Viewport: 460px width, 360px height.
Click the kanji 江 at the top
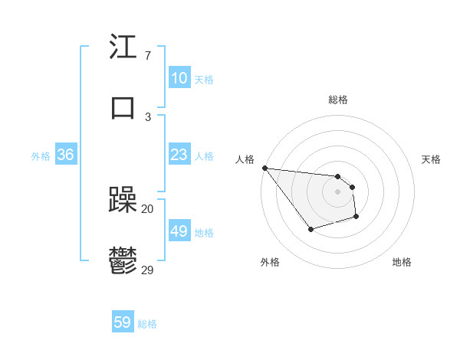(x=123, y=47)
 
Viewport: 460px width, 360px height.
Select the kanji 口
(x=123, y=106)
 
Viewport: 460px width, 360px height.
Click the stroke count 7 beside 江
(x=147, y=57)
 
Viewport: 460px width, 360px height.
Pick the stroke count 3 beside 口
(x=147, y=116)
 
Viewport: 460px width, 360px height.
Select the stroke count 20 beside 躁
(x=147, y=208)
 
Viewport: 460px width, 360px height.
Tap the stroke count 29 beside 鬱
(x=147, y=269)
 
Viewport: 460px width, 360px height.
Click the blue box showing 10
(x=179, y=78)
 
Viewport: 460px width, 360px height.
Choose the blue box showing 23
(x=179, y=155)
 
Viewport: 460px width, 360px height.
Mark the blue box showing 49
(x=179, y=231)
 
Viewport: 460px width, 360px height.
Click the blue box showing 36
(x=65, y=155)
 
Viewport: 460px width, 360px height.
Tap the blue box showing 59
(x=123, y=322)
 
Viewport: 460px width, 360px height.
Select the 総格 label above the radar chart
(x=337, y=100)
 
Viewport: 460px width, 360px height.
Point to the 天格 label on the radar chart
(x=431, y=159)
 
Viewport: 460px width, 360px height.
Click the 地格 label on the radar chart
(x=402, y=262)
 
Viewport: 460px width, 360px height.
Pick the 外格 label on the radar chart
(x=270, y=262)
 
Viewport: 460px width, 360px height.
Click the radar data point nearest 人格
(x=264, y=168)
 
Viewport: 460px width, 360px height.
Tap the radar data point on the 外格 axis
(x=310, y=229)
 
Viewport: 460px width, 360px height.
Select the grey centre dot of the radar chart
(x=337, y=191)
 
